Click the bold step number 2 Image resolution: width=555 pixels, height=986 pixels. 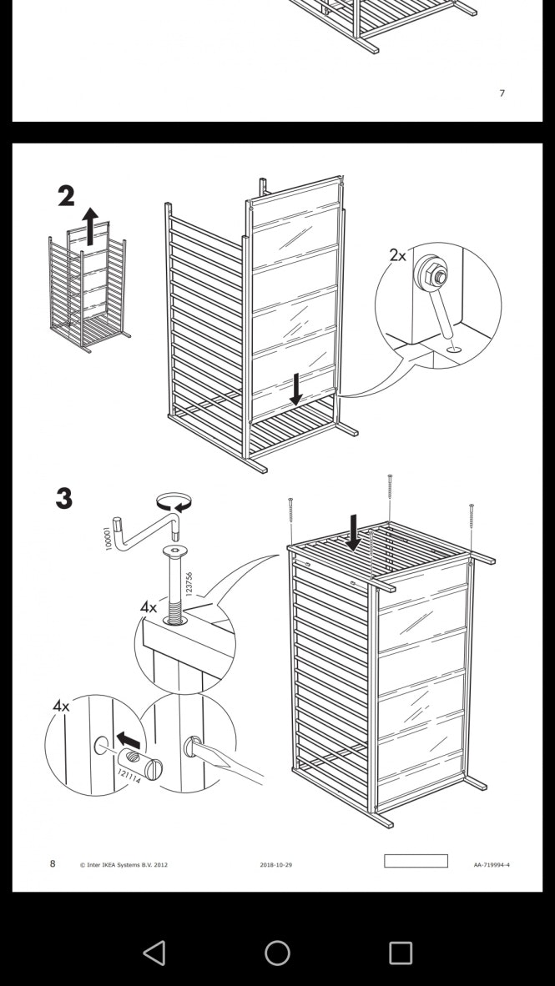66,196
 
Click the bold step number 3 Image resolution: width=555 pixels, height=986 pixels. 64,499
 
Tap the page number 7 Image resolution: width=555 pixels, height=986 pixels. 502,93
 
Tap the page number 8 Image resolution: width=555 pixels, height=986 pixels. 53,863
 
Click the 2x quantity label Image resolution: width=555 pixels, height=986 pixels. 397,255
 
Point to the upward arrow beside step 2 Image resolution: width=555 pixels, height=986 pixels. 90,226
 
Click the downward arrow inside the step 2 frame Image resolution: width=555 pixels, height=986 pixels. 295,389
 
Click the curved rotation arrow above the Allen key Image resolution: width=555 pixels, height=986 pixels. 174,502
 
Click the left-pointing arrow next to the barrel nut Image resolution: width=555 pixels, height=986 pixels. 128,740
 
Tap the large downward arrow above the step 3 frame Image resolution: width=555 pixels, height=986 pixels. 354,532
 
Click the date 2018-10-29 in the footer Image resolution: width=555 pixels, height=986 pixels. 275,865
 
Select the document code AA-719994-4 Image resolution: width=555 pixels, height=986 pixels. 492,865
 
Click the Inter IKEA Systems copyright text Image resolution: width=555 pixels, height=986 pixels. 124,865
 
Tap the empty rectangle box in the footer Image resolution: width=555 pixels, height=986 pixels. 416,861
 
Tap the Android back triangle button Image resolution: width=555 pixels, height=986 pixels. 154,953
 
